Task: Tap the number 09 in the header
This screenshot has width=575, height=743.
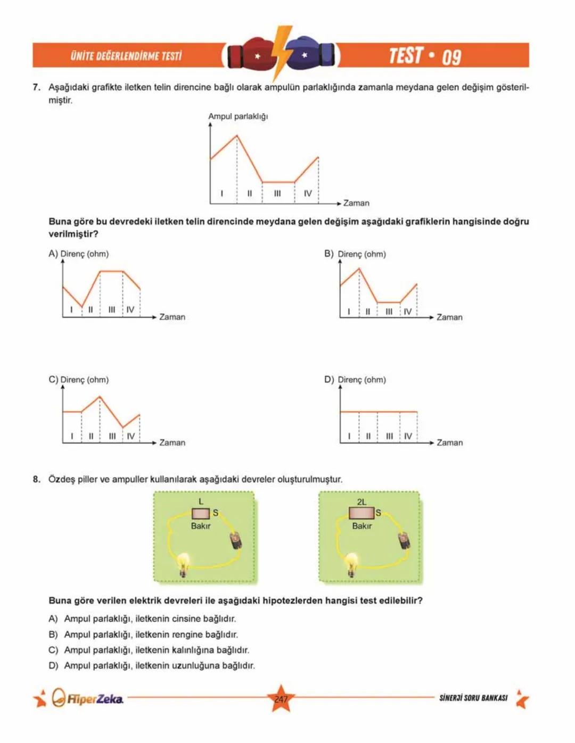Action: (x=451, y=56)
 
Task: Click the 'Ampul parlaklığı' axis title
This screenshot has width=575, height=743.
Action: (x=237, y=116)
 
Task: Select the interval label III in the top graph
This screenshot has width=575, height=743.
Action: (x=277, y=194)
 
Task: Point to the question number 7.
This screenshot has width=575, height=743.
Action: (x=36, y=87)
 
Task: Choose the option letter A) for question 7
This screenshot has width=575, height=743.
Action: (x=53, y=254)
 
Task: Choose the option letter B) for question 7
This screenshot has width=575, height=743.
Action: (x=329, y=254)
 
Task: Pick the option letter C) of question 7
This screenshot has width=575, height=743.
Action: (x=53, y=379)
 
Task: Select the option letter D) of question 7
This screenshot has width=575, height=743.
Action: (x=329, y=379)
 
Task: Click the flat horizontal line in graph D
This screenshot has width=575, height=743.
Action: (x=379, y=412)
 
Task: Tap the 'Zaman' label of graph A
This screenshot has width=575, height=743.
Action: (x=172, y=317)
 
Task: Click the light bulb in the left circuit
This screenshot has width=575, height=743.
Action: (x=184, y=563)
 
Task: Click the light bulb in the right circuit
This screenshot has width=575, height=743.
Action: (x=351, y=563)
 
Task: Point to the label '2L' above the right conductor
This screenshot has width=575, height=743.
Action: (x=362, y=502)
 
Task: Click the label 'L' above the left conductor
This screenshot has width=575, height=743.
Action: (x=201, y=502)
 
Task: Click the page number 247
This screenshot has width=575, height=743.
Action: (x=281, y=699)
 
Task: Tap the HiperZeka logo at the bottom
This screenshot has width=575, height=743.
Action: (x=88, y=698)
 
